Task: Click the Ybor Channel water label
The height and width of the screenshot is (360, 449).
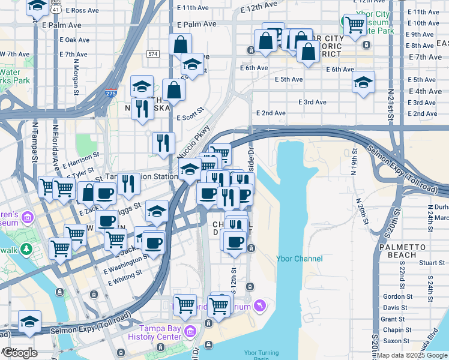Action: (x=299, y=259)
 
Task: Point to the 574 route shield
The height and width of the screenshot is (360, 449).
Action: (x=152, y=54)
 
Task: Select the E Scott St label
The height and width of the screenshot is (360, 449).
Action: (x=190, y=118)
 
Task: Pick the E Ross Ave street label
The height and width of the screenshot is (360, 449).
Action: (x=81, y=10)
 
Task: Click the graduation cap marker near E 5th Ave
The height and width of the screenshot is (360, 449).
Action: (x=363, y=82)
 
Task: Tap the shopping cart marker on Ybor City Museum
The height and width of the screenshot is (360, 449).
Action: (x=355, y=25)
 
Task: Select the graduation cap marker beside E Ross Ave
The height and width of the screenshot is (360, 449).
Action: (x=38, y=7)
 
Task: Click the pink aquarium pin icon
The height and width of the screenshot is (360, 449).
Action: (x=259, y=306)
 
